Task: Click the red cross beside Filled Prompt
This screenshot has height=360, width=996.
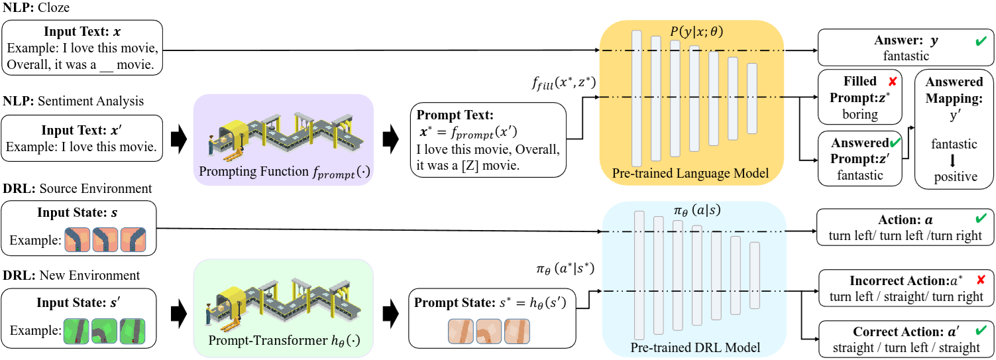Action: (x=892, y=82)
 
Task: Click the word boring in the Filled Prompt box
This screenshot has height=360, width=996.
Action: (x=860, y=114)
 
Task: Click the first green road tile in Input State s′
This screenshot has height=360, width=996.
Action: (x=77, y=330)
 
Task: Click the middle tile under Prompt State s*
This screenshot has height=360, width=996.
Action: (x=489, y=331)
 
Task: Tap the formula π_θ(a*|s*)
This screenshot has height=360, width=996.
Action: (x=565, y=269)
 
